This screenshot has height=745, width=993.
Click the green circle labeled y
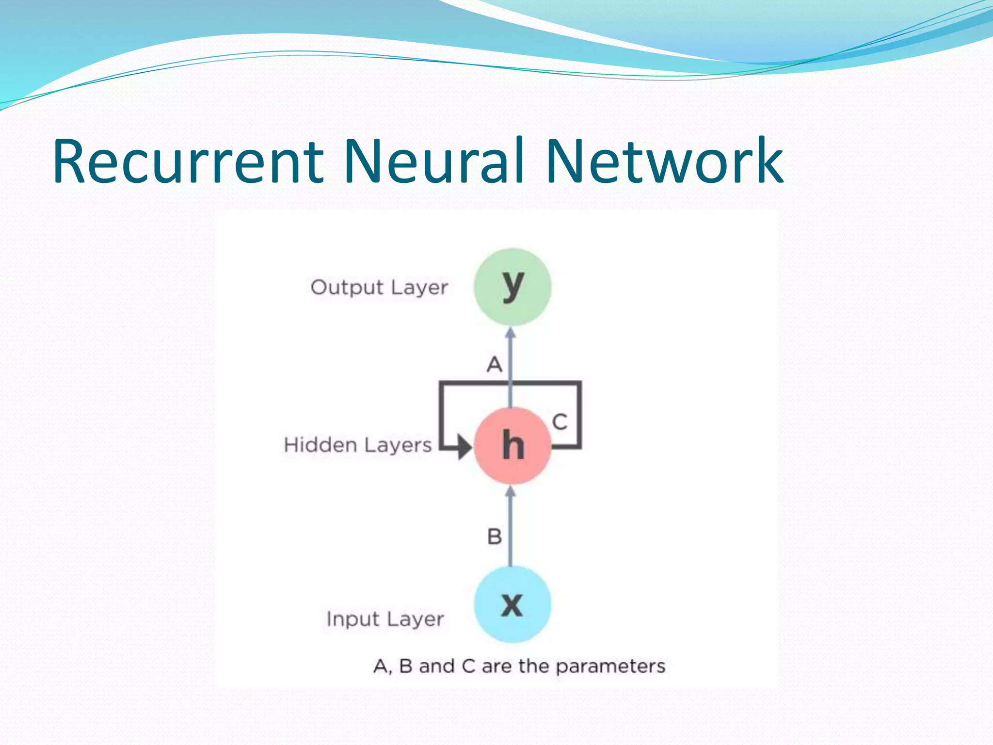[512, 287]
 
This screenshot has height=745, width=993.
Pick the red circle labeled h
[512, 445]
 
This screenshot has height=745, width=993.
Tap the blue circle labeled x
[512, 604]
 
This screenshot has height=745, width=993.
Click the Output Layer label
[379, 288]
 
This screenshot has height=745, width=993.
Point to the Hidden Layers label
[357, 445]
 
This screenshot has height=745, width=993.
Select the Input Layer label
[385, 619]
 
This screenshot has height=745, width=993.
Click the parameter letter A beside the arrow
[494, 364]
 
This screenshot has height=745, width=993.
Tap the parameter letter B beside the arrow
[494, 537]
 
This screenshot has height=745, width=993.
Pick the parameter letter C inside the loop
[560, 422]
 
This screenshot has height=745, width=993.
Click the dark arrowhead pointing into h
[464, 447]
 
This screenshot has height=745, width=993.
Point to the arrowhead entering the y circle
[510, 333]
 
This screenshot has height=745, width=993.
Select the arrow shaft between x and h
[510, 529]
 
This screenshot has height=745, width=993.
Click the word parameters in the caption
[610, 667]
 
